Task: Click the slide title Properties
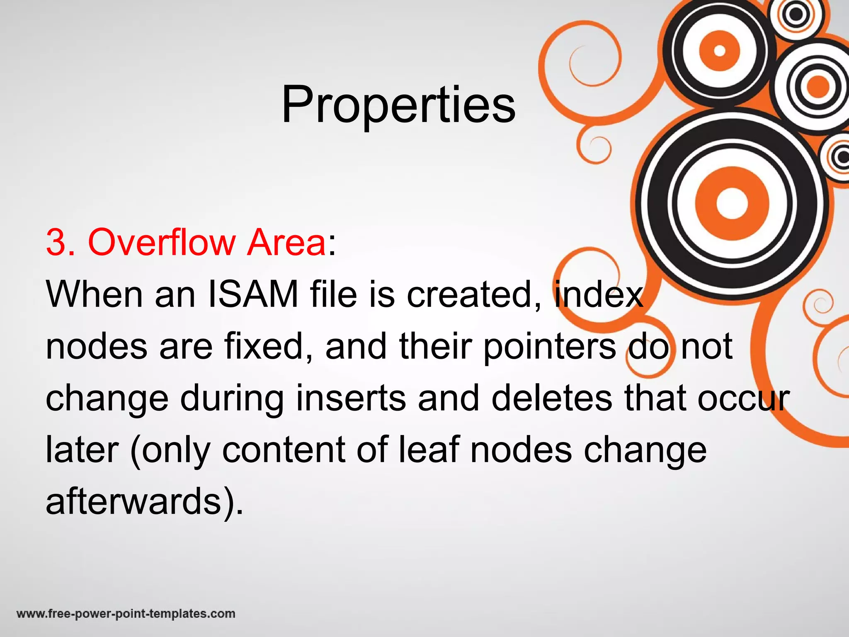click(x=398, y=105)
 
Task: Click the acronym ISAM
click(x=252, y=294)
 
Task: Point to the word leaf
click(x=429, y=450)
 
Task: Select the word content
click(x=284, y=450)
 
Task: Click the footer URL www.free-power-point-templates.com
click(x=126, y=613)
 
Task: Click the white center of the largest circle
click(x=732, y=204)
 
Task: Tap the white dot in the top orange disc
click(x=720, y=51)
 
